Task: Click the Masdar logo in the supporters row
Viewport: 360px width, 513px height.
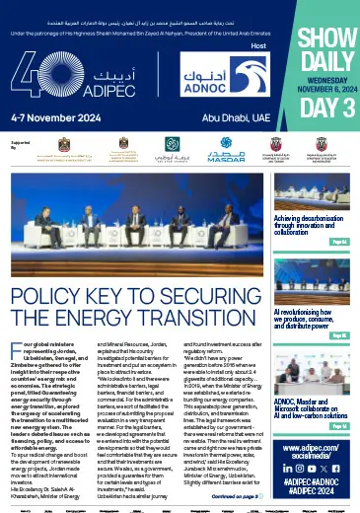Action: [216, 158]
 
